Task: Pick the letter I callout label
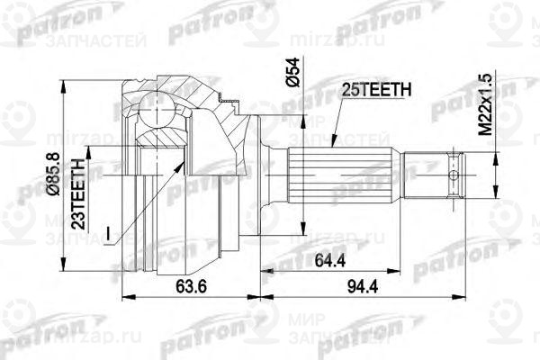click(107, 234)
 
